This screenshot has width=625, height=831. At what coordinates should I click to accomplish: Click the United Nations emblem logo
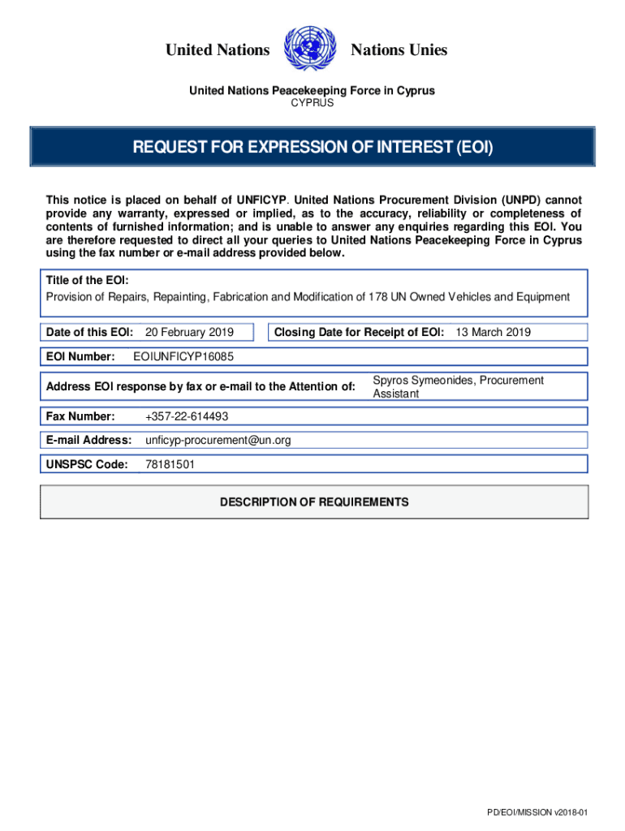310,50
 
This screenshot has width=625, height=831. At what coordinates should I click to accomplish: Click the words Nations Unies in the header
399,50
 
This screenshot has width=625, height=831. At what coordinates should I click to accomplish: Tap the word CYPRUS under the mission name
312,103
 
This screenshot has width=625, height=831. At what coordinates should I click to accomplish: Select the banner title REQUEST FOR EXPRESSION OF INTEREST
312,148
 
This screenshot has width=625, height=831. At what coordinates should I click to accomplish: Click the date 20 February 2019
189,332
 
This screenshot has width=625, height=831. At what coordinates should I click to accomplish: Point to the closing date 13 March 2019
493,332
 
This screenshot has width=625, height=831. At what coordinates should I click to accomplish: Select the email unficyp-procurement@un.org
218,441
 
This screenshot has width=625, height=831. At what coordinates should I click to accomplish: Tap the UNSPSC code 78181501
169,465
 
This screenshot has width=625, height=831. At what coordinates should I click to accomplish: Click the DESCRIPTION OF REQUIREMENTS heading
314,502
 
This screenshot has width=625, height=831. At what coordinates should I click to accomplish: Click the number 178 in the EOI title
378,297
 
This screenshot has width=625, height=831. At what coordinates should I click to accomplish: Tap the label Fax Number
80,416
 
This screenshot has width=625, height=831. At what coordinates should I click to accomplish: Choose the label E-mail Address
89,441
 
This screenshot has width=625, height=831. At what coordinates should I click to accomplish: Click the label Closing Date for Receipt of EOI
359,332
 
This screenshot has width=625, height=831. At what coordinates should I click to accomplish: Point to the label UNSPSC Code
87,465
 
